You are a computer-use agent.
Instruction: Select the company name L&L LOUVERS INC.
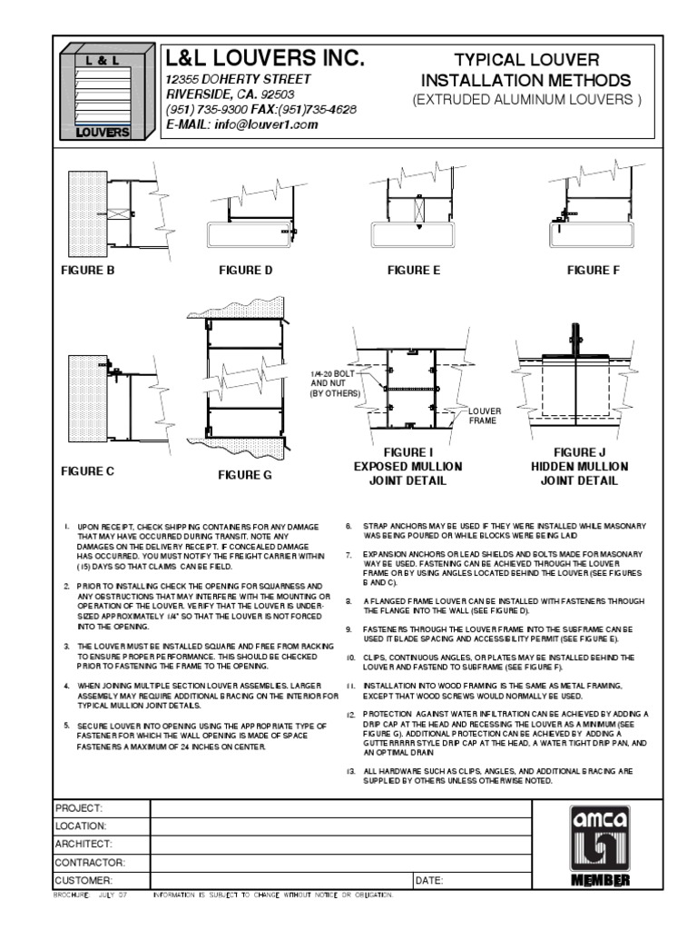click(265, 60)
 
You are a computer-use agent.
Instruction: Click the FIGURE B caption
click(88, 271)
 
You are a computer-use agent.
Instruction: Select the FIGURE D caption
click(245, 271)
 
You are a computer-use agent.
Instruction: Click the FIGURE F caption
click(594, 271)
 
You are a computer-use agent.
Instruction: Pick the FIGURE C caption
click(88, 471)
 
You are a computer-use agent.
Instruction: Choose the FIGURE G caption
click(245, 475)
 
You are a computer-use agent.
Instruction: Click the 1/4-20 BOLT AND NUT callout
click(333, 384)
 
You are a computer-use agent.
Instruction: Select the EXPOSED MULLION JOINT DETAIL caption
click(408, 466)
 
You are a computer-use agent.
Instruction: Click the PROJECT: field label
click(80, 808)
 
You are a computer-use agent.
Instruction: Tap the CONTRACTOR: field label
click(90, 863)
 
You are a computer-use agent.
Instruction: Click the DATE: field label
click(430, 881)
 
